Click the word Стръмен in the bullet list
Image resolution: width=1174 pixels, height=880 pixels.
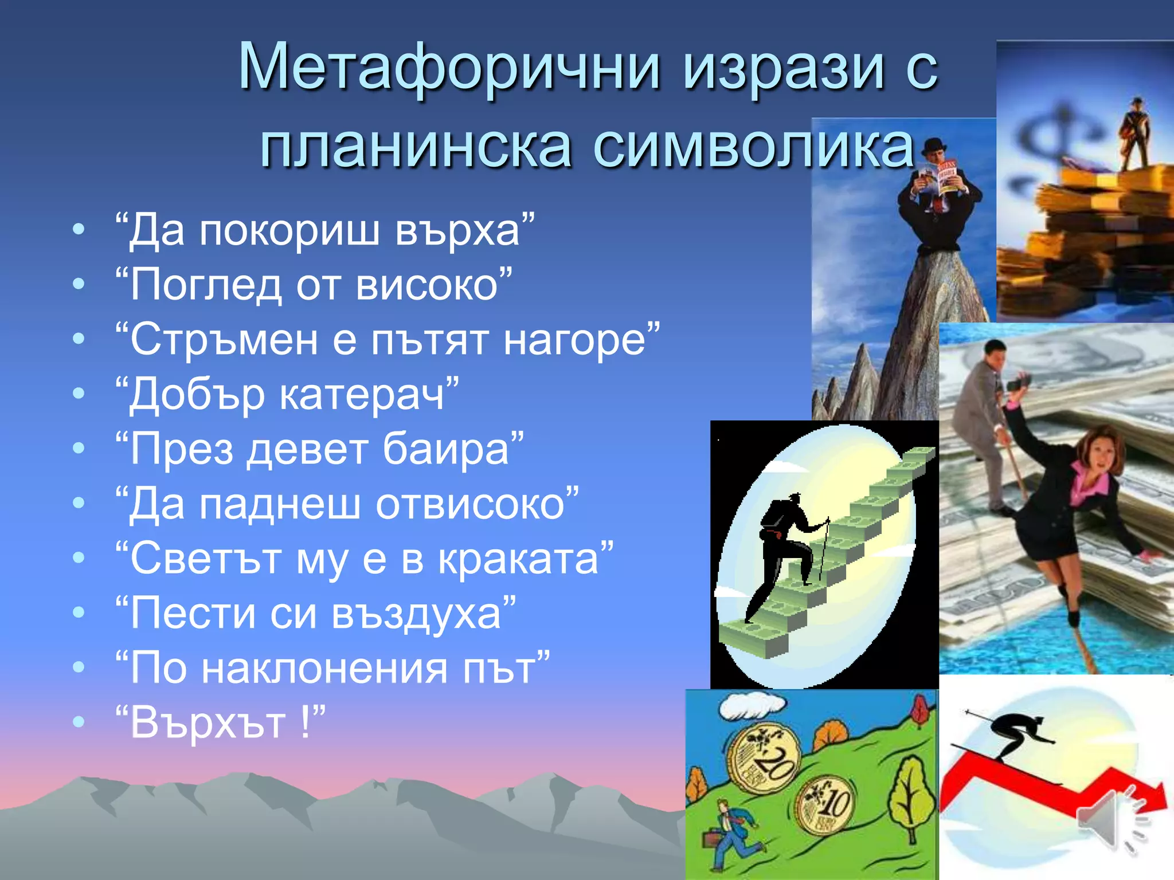coord(224,339)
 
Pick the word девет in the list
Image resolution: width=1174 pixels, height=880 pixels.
coord(308,449)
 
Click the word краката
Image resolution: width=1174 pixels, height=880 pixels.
coord(518,559)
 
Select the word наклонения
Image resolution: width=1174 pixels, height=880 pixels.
coord(324,669)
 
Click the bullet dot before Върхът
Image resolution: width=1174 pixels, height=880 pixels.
coord(79,722)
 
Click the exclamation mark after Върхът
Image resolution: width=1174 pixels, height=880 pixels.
coord(304,722)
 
